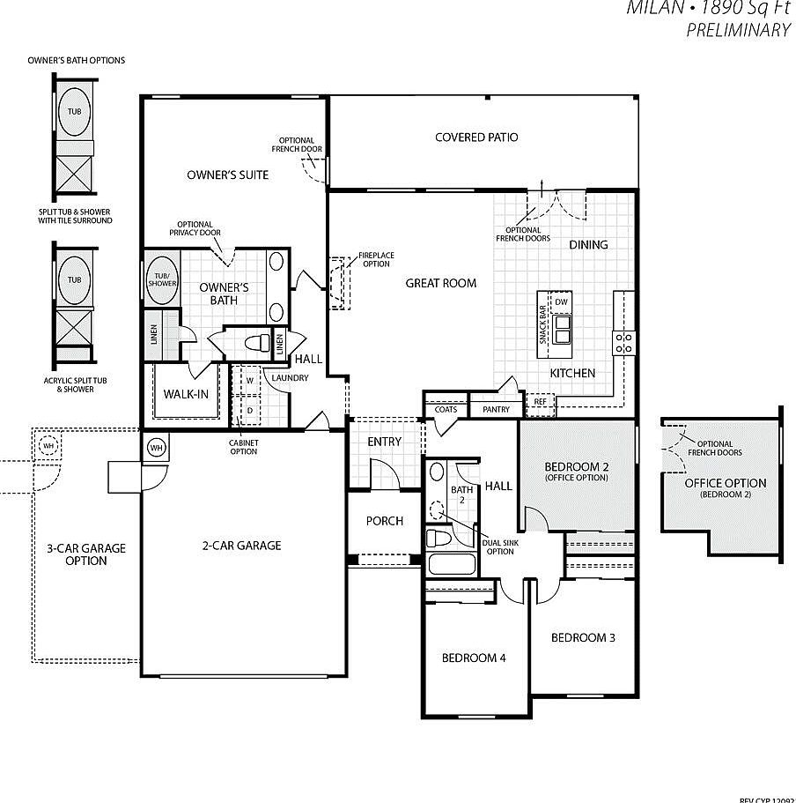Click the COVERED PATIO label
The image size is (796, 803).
(x=476, y=138)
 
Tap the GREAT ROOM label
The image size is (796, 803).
(x=441, y=283)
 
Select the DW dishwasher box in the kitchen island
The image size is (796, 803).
(x=562, y=302)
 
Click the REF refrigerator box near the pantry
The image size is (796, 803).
(x=540, y=401)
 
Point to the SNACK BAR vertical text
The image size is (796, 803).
(x=542, y=325)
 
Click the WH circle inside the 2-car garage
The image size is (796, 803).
(x=156, y=447)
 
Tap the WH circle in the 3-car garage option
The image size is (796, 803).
(x=48, y=446)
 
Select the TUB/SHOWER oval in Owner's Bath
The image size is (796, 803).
(x=162, y=278)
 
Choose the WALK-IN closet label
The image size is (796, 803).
(x=187, y=394)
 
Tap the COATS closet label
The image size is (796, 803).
(x=446, y=409)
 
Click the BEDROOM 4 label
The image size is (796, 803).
(x=474, y=658)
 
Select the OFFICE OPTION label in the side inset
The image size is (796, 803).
(x=726, y=483)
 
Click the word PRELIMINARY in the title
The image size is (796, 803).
(x=737, y=31)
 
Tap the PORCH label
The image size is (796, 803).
(x=385, y=521)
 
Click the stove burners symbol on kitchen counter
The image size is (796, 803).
(x=624, y=341)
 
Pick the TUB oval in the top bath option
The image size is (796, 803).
(x=75, y=112)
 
